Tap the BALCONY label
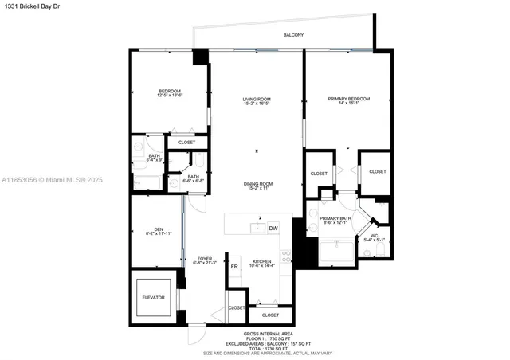pos(293,35)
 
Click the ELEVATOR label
pos(153,297)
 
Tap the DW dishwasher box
pos(273,229)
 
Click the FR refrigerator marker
pos(234,266)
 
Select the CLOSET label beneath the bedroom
pos(186,143)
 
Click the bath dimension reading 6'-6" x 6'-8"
pos(194,179)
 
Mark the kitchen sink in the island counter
pos(257,229)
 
